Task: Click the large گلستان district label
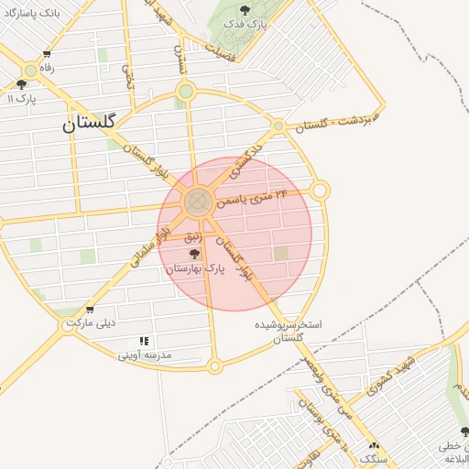point(91,124)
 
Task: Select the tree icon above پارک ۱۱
point(21,84)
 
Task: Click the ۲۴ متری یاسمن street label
point(256,195)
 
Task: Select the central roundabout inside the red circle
point(197,202)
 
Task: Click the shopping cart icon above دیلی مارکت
point(89,310)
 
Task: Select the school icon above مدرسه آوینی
point(144,341)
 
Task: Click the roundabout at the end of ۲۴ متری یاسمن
point(320,191)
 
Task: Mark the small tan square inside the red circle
point(281,252)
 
